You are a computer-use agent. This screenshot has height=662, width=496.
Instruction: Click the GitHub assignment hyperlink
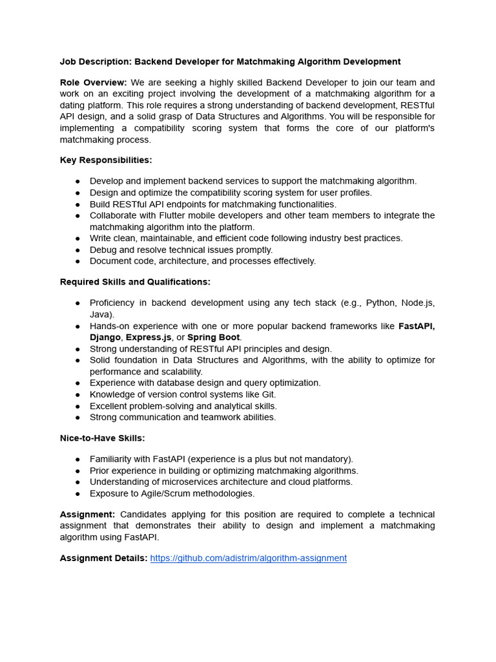(x=248, y=558)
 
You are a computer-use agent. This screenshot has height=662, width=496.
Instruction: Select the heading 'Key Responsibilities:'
(x=106, y=160)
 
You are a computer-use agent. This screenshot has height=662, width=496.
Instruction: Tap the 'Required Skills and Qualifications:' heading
(x=135, y=282)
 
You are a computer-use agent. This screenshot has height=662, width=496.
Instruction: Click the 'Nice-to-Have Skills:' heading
(x=102, y=438)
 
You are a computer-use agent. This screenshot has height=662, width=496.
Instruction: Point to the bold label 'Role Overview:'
(x=93, y=82)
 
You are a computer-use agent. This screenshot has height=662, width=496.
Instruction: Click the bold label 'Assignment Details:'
(x=103, y=558)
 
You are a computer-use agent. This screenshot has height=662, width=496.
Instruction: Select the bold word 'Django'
(x=105, y=337)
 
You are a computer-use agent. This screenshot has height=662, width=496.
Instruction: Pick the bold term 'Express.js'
(x=149, y=337)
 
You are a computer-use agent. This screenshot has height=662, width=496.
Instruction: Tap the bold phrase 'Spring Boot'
(x=214, y=337)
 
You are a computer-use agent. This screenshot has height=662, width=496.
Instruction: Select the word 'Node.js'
(x=418, y=303)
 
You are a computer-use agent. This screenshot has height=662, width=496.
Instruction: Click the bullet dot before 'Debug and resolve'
(x=77, y=250)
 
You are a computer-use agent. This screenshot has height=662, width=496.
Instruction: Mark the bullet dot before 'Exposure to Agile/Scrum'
(x=77, y=494)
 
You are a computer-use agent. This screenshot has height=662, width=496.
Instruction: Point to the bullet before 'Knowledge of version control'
(x=77, y=395)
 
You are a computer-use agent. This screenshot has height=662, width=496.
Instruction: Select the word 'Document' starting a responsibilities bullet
(x=110, y=261)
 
